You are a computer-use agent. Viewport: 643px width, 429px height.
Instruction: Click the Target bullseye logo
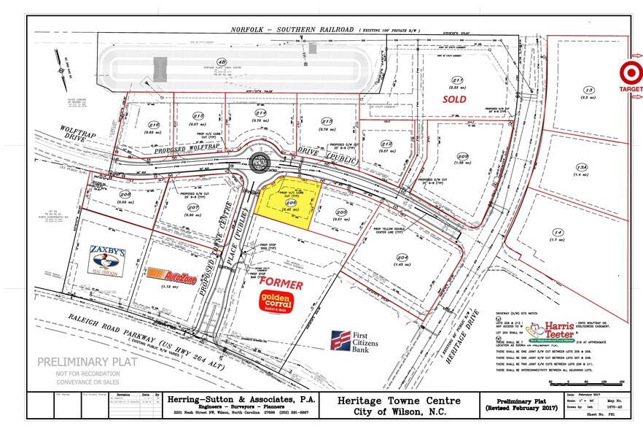(x=628, y=72)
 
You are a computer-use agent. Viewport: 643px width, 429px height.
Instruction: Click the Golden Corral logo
(x=277, y=301)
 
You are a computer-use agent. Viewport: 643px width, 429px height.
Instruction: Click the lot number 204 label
(x=404, y=258)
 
